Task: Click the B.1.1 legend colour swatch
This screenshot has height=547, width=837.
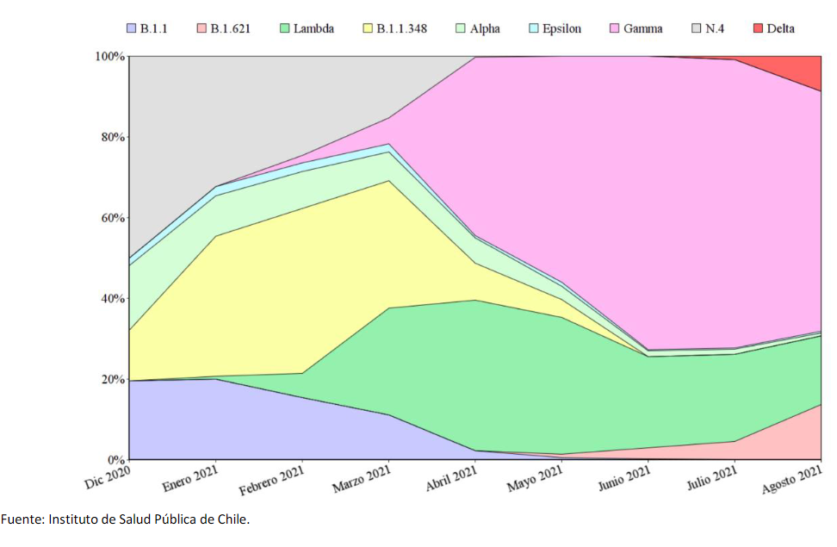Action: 132,28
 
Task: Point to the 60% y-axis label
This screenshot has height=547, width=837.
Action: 112,218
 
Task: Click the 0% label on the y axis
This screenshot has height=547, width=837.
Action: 115,460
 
